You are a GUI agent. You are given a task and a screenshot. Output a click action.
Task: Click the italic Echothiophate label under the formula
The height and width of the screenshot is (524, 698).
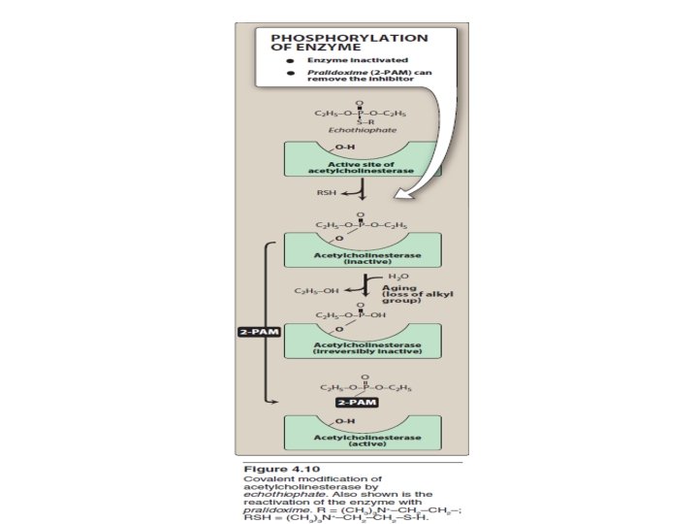(x=357, y=129)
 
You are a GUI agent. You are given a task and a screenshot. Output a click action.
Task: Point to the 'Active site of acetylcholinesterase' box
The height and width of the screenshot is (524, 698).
(x=361, y=167)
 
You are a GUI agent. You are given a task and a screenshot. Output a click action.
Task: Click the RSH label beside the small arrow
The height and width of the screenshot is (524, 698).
(x=327, y=192)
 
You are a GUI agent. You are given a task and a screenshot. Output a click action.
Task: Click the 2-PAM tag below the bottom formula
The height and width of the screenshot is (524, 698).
(x=355, y=400)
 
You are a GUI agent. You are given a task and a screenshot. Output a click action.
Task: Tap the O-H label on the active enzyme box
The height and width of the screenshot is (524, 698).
(x=344, y=420)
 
